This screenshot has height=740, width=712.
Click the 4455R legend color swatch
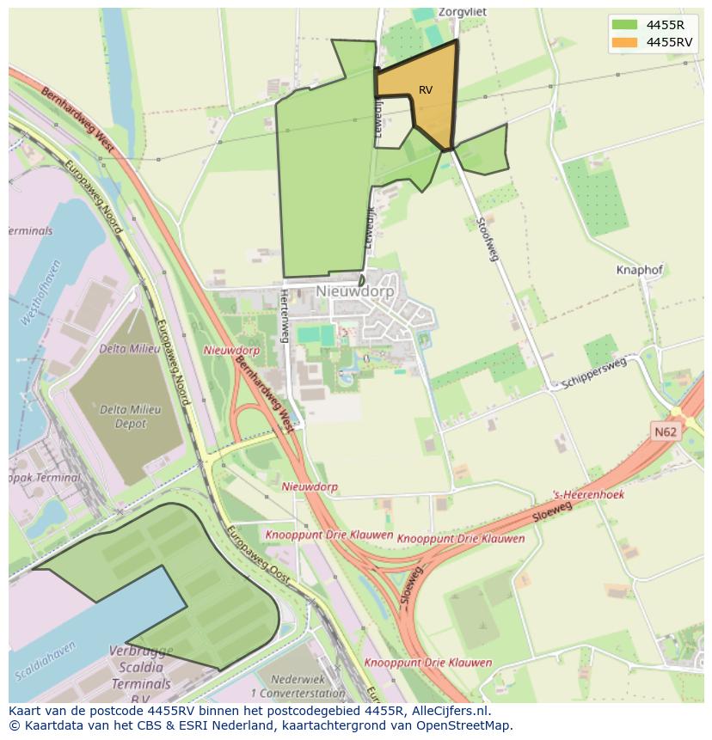(x=624, y=25)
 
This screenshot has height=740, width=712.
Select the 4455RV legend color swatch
(x=624, y=41)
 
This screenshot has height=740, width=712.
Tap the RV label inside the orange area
(x=426, y=90)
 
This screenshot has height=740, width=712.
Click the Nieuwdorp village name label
(x=354, y=291)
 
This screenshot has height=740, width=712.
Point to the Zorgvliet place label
(x=457, y=13)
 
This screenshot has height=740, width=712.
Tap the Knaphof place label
(x=640, y=270)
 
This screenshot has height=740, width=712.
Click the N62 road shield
(x=663, y=432)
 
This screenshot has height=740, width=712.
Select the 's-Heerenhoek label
(x=588, y=495)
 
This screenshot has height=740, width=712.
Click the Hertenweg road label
(x=284, y=315)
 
